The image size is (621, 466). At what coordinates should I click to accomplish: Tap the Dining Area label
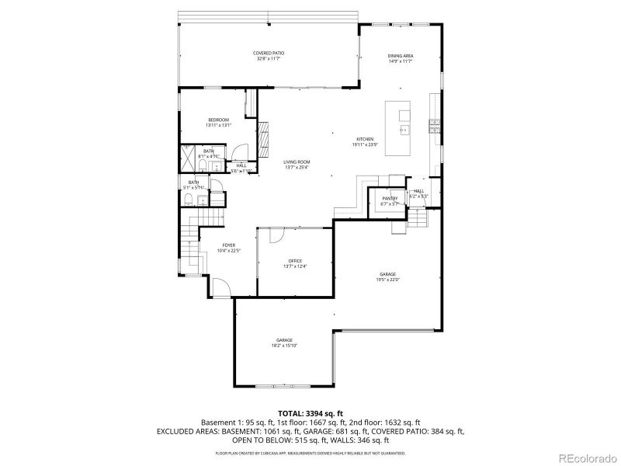[x=400, y=58]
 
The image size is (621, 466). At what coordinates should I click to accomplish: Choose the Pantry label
[x=389, y=200]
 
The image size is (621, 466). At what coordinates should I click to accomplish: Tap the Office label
[x=295, y=263]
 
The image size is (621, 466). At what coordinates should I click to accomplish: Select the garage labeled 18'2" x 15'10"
[x=284, y=343]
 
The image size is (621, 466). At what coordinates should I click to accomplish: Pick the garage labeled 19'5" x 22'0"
[x=387, y=276]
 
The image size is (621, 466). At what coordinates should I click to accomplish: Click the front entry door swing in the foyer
[x=222, y=287]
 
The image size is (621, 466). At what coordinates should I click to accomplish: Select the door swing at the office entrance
[x=269, y=237]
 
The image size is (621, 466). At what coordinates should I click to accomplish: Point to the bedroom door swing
[x=241, y=153]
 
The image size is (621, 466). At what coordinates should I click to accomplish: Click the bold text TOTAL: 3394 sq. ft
[x=310, y=412]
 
